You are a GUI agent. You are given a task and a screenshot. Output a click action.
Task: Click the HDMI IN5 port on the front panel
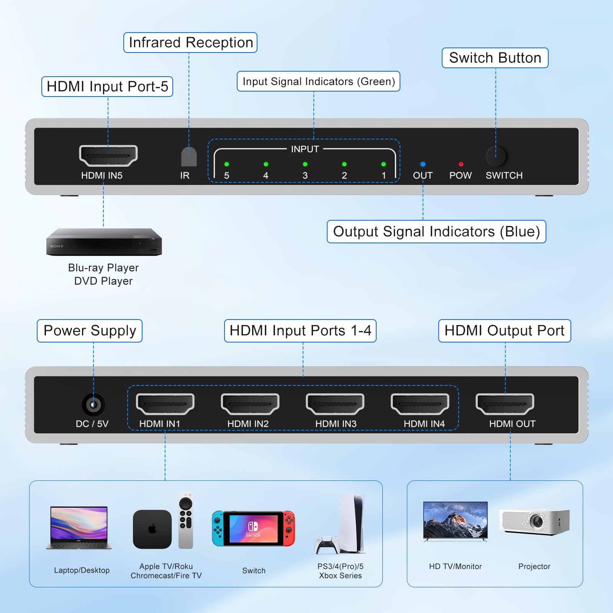[108, 156]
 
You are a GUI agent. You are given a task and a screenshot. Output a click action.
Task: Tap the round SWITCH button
[496, 156]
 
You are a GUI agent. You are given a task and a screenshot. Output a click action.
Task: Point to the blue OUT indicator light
[423, 164]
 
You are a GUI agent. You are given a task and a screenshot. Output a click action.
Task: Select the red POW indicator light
[461, 164]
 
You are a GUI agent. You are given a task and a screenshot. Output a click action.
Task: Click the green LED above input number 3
[305, 164]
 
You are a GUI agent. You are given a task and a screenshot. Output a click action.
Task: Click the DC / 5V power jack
[93, 404]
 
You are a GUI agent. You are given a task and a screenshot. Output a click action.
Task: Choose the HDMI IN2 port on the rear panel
[250, 404]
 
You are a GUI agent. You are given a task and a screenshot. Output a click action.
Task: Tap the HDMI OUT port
[505, 404]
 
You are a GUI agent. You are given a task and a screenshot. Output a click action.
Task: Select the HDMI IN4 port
[420, 404]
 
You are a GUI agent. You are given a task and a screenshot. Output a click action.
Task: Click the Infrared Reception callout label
[190, 43]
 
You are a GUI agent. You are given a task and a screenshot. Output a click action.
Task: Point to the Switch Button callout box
[495, 58]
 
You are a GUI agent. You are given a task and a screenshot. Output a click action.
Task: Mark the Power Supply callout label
[90, 331]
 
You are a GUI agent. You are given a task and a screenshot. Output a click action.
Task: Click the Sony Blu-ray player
[104, 242]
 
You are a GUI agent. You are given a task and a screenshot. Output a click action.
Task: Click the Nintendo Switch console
[253, 528]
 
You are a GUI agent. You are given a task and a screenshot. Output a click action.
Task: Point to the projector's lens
[537, 521]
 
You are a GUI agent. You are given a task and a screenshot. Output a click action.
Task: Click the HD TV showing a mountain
[455, 520]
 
